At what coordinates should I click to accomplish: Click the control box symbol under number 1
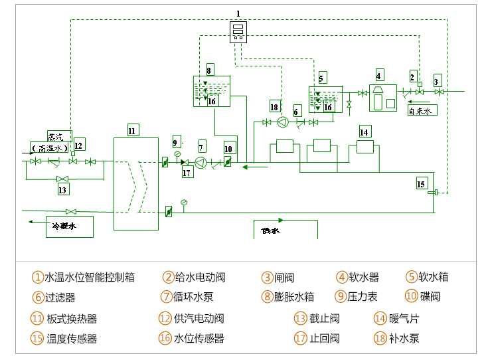[238, 31]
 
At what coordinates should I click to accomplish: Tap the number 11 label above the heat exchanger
[131, 131]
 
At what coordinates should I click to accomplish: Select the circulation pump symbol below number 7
[201, 162]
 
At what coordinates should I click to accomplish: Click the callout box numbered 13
[63, 190]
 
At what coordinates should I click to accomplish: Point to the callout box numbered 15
[421, 183]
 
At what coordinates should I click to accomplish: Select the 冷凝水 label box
[69, 226]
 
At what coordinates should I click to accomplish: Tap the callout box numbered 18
[274, 107]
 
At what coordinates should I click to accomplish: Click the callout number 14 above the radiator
[365, 132]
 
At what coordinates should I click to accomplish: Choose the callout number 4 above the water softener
[379, 75]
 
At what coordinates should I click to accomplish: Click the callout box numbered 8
[209, 70]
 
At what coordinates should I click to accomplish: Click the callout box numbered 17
[187, 173]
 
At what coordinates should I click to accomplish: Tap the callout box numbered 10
[228, 149]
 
